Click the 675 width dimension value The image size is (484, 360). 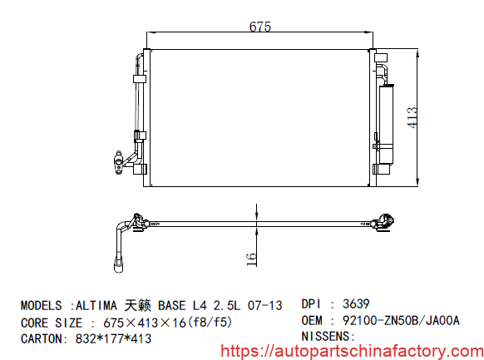point(260,26)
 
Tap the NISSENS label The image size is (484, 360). point(328,336)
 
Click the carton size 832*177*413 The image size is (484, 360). point(112,338)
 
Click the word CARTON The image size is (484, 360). point(42,338)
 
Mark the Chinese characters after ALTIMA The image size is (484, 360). point(141,305)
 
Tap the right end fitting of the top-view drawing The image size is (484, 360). point(384,221)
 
